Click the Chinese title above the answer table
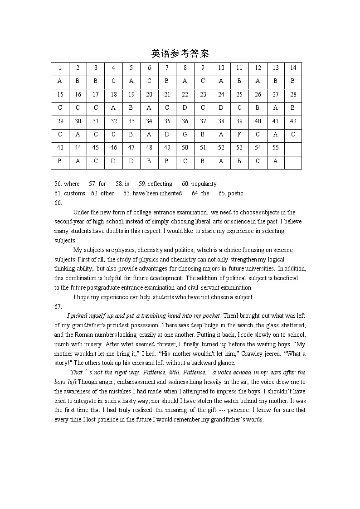(180, 53)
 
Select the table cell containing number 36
(185, 121)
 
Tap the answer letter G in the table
(185, 134)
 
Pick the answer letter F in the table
(239, 134)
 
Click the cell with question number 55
(275, 147)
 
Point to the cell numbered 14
(293, 68)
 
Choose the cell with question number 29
(60, 121)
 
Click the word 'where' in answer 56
(72, 184)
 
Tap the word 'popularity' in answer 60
(204, 184)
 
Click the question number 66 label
(58, 203)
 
